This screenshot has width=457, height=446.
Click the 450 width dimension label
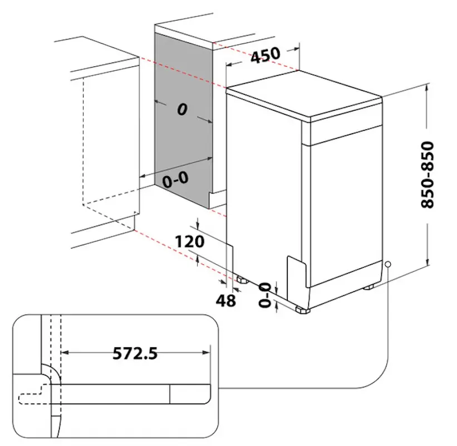click(x=265, y=54)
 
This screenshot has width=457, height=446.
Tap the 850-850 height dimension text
click(x=427, y=174)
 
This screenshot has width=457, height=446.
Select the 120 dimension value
click(x=189, y=241)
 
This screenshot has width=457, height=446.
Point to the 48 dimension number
click(x=225, y=300)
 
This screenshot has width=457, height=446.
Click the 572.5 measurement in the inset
click(x=135, y=353)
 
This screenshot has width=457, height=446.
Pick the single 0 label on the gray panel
click(x=182, y=109)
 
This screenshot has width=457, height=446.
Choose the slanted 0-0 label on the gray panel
click(x=175, y=180)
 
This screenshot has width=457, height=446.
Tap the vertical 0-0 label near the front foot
click(x=264, y=295)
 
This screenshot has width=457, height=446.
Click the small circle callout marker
click(x=388, y=264)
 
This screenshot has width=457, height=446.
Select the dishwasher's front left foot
click(x=303, y=309)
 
